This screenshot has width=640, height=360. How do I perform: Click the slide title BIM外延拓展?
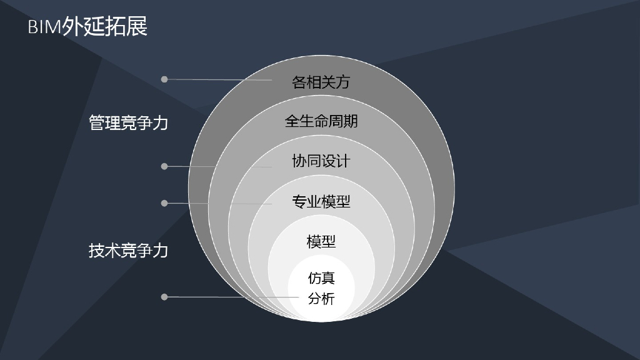point(87,27)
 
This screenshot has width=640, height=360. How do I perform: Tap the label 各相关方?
point(321,82)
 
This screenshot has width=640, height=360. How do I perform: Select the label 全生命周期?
point(321,121)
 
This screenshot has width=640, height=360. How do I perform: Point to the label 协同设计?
point(321,161)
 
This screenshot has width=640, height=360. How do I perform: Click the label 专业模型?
point(321,201)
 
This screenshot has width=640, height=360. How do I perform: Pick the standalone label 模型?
point(321,241)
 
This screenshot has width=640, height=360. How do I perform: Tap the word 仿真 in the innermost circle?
point(321,277)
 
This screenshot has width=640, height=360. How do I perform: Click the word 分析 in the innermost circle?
point(321,299)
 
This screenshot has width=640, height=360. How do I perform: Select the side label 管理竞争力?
point(129,122)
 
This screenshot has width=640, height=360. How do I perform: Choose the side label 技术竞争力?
point(129,251)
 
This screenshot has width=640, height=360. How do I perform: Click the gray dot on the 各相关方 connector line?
point(164,79)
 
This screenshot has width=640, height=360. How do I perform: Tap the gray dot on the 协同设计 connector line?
point(164,166)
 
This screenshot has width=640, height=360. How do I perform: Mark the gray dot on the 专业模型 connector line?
point(164,203)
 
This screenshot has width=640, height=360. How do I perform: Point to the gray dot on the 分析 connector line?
point(164,297)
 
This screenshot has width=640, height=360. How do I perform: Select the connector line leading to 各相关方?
point(219,80)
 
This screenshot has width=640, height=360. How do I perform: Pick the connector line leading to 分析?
point(231,297)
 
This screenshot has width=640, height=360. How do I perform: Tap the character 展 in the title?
point(137,27)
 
